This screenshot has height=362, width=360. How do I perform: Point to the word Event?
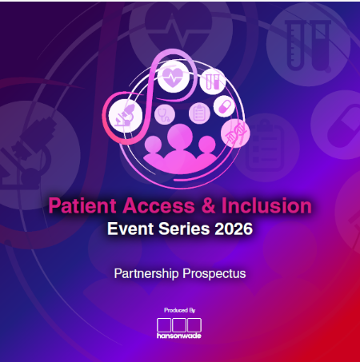pyautogui.click(x=130, y=229)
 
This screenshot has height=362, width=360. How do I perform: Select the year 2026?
pyautogui.click(x=233, y=229)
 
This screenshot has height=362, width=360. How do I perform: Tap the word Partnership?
pyautogui.click(x=148, y=274)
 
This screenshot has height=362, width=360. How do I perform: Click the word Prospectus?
pyautogui.click(x=214, y=274)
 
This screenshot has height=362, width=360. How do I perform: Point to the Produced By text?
pyautogui.click(x=179, y=310)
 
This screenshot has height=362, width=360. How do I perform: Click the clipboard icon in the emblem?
pyautogui.click(x=196, y=113)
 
